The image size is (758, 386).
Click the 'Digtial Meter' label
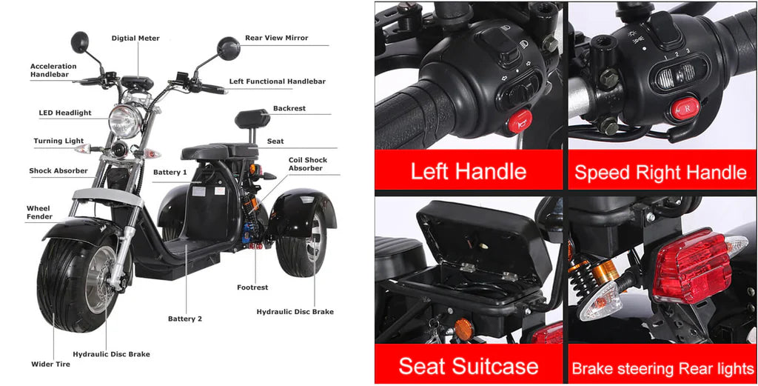[x=135, y=39]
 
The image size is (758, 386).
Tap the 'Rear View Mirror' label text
[x=277, y=38]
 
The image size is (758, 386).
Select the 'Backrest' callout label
[x=289, y=108]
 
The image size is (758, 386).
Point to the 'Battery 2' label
[x=185, y=319]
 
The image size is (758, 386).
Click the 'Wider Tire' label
[x=51, y=365]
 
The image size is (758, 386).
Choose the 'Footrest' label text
[x=252, y=287]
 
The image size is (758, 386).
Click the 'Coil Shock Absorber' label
[x=308, y=164]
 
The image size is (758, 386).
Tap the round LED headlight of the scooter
[x=125, y=121]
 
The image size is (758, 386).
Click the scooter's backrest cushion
[x=252, y=119]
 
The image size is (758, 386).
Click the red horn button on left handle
[x=520, y=122]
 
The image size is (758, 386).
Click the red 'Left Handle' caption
[x=469, y=171]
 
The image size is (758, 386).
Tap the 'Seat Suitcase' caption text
[x=469, y=366]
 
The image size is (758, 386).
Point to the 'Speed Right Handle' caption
[x=661, y=172]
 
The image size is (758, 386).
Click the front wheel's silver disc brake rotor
[x=101, y=279]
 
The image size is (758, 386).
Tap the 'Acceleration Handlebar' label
[x=53, y=70]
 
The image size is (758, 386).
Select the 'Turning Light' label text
[x=58, y=142]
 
